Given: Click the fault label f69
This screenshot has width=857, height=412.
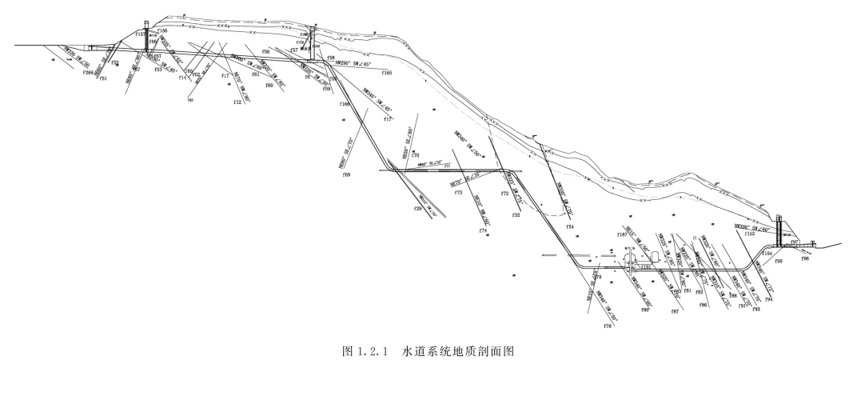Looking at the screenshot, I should coord(346,174).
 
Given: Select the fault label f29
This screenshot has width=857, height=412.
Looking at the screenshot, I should coord(417,209).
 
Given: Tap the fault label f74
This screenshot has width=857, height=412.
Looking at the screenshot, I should coord(483,230).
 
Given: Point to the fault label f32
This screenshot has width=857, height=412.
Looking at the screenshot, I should coord(516,215).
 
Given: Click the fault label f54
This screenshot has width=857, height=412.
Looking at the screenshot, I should coord(570,227).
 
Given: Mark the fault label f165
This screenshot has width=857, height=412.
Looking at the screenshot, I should coord(387,73).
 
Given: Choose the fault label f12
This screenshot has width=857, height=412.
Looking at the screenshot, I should coord(237,102).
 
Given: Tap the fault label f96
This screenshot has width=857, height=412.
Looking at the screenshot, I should coord(805,258).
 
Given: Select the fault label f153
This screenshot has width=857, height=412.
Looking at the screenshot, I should coord(749,234).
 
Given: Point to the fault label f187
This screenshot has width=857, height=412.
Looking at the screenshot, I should coord(623,234).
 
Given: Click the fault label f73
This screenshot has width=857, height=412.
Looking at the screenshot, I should coord(458,193).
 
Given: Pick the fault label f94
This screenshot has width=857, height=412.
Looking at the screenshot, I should coord(768,299).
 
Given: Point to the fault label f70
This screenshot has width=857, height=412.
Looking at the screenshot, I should coord(416,155).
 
